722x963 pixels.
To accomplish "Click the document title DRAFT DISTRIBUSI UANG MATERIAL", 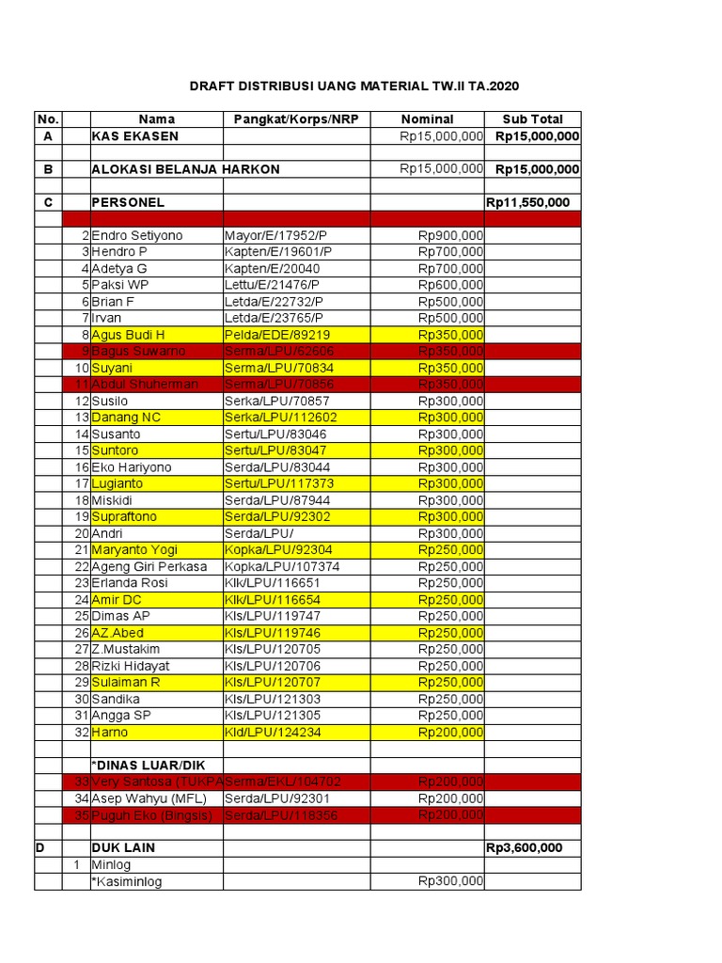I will pos(354,87).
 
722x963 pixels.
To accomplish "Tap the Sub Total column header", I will pos(532,119).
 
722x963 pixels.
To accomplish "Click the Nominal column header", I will pos(427,119).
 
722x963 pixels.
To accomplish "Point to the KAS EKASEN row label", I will pos(134,136).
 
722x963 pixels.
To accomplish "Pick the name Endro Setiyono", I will pos(137,236).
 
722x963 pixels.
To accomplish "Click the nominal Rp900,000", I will pos(450,236).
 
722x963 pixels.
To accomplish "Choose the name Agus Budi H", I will pos(128,335).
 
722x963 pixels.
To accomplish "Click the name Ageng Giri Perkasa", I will pos(149,567).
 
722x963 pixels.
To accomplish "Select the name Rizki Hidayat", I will pos(133,666).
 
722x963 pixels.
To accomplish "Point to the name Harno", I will pos(109,733).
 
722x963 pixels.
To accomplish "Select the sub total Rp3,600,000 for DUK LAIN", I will pos(524,848).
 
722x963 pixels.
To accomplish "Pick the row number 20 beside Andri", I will pos(82,533).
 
